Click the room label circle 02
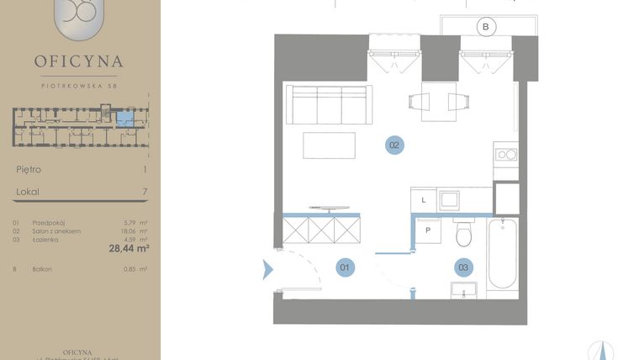coord(394,145)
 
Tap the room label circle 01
coord(345,268)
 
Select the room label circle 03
coord(463,268)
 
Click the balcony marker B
coord(485,28)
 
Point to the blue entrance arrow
coord(268,269)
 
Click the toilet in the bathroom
coord(464,235)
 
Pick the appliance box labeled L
coord(424,200)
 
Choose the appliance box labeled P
coord(427,230)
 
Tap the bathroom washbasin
coord(464,290)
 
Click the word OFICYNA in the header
coord(79,61)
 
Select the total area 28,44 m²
coord(129,248)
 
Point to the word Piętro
coord(29,169)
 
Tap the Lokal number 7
coord(145,192)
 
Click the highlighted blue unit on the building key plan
coord(124,118)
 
